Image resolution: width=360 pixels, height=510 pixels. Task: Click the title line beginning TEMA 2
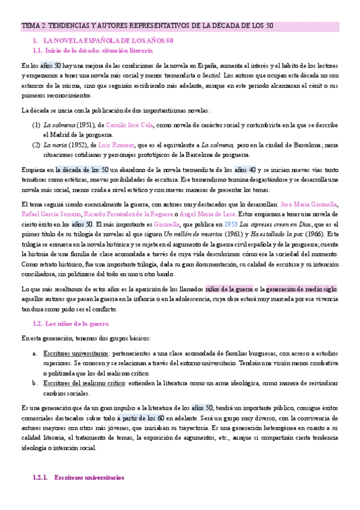pyautogui.click(x=147, y=26)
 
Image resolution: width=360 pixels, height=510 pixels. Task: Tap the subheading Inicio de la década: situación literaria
pyautogui.click(x=100, y=51)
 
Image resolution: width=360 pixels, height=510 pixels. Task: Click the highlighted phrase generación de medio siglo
pyautogui.click(x=302, y=289)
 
